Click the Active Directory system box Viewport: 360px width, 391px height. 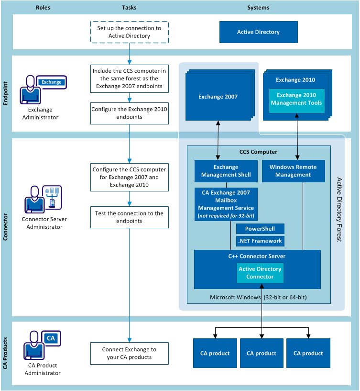[258, 32]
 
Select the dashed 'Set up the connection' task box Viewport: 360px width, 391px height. [129, 32]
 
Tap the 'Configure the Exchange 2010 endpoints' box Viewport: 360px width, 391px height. [129, 112]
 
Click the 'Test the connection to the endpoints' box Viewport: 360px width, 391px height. [129, 217]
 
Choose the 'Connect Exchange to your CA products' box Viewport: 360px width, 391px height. [129, 353]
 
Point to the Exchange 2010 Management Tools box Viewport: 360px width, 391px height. [296, 100]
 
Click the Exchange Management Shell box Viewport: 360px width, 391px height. [226, 171]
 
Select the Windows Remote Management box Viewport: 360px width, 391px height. [293, 171]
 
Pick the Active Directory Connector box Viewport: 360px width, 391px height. [260, 273]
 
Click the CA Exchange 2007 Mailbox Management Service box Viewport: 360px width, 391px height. [226, 204]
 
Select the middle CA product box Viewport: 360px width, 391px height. [262, 353]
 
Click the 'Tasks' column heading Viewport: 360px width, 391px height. [129, 8]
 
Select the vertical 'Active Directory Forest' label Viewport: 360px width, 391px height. [339, 209]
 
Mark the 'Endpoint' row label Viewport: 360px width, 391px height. [6, 94]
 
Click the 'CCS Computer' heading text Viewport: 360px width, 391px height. [258, 152]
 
